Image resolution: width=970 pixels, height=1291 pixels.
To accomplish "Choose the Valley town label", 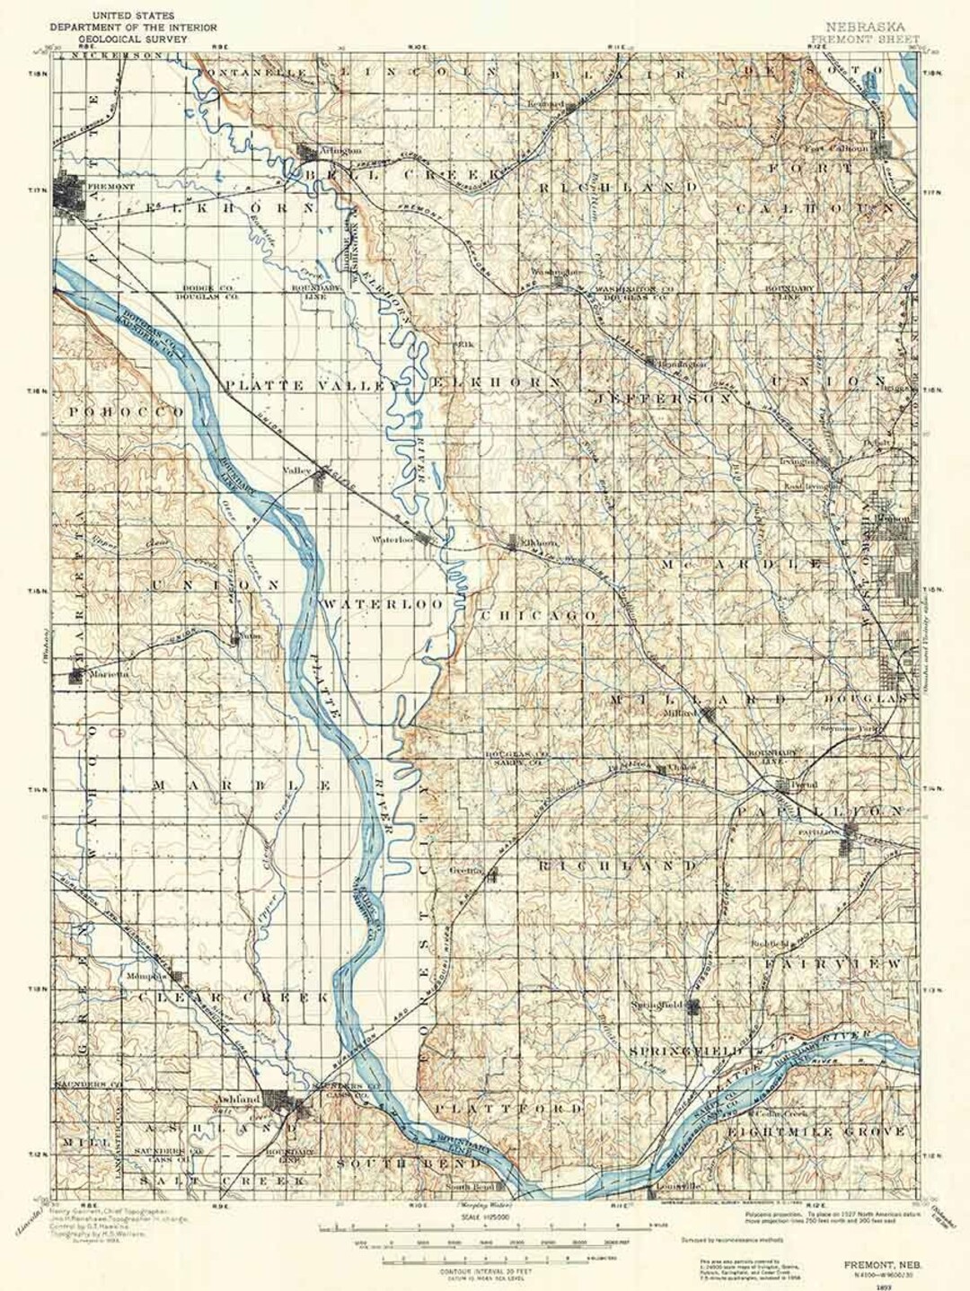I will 296,470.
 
